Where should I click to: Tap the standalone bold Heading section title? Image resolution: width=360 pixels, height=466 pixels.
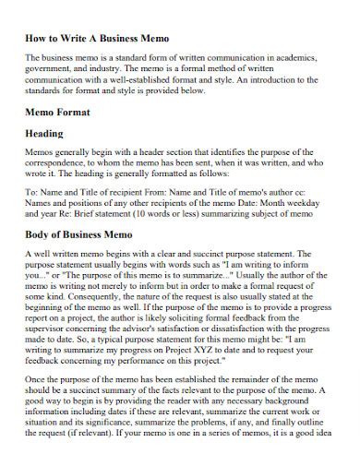(43, 134)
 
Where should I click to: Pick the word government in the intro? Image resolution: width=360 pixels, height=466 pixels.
(51, 68)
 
